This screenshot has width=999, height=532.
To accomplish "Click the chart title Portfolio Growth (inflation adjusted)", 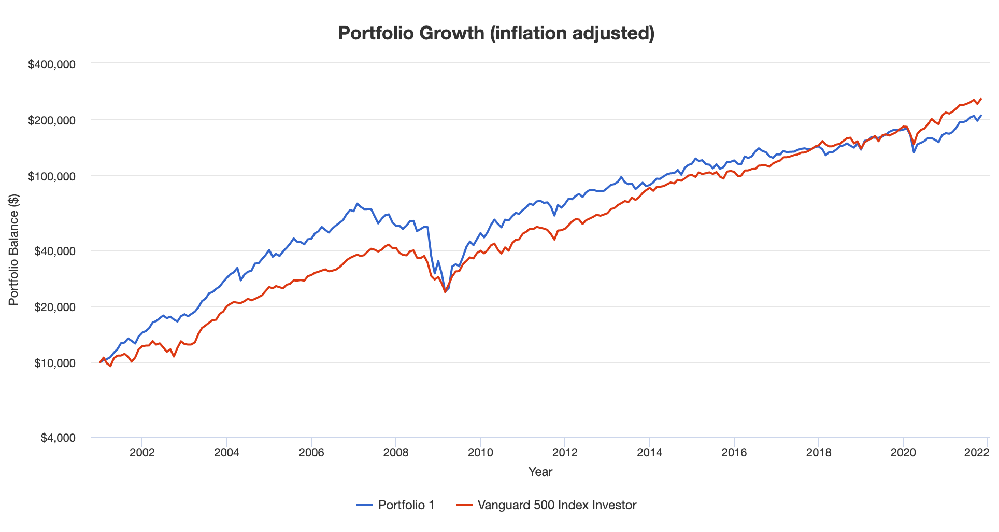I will (496, 33).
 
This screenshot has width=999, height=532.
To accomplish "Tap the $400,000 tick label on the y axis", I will (51, 65).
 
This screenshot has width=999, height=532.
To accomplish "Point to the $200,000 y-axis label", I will (51, 121).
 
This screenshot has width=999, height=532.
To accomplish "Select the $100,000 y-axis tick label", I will (51, 177).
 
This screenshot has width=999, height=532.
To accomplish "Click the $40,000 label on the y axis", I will (54, 251).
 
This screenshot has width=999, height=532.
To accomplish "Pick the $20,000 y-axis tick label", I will (54, 307).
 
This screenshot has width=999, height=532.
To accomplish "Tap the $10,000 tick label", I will (54, 363).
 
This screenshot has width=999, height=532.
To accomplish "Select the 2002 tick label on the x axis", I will (142, 452).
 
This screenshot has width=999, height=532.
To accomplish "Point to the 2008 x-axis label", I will (396, 452).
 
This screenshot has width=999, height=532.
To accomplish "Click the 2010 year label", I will (480, 452).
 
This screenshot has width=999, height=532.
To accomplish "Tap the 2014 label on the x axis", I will (649, 452).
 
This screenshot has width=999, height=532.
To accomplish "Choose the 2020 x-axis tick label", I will (903, 452).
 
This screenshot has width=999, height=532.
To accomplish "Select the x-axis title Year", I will (540, 472).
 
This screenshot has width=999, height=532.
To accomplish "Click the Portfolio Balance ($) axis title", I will (14, 250).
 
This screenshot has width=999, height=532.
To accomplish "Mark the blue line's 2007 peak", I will (357, 204).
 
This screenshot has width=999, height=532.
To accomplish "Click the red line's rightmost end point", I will (981, 99).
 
